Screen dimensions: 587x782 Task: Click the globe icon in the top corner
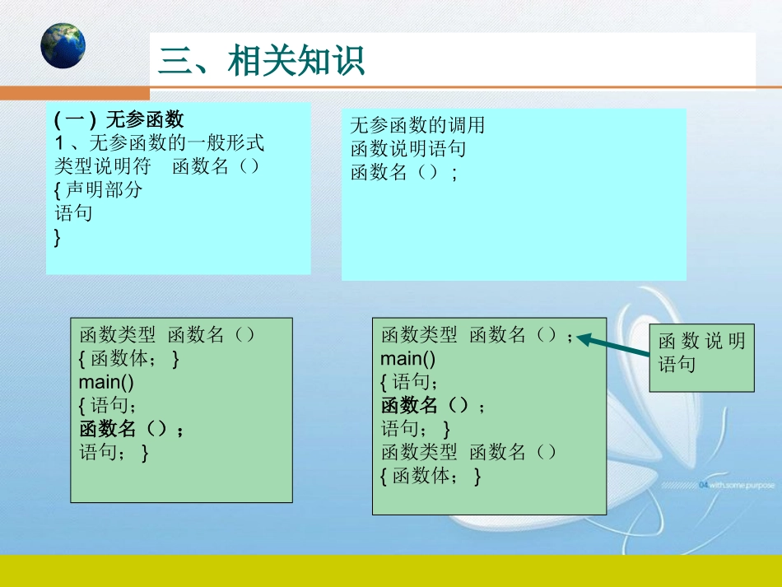pyautogui.click(x=63, y=45)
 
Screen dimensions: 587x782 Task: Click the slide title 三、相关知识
pyautogui.click(x=262, y=61)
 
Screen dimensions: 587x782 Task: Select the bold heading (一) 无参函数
pyautogui.click(x=119, y=119)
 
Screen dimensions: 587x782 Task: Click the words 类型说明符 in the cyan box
pyautogui.click(x=103, y=166)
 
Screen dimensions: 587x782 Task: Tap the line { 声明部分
pyautogui.click(x=98, y=190)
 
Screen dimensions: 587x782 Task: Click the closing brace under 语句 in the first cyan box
pyautogui.click(x=58, y=238)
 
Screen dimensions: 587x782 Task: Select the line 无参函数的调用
pyautogui.click(x=417, y=125)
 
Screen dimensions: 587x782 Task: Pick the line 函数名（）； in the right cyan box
pyautogui.click(x=403, y=173)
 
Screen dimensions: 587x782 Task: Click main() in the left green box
pyautogui.click(x=106, y=382)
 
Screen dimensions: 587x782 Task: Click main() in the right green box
pyautogui.click(x=407, y=359)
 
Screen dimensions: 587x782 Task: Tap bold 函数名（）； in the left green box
pyautogui.click(x=132, y=429)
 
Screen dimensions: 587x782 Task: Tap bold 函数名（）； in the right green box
pyautogui.click(x=433, y=405)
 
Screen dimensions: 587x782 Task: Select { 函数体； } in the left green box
pyautogui.click(x=129, y=359)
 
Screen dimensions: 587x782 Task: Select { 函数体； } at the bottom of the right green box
pyautogui.click(x=431, y=476)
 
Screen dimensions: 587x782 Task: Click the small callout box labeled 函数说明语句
pyautogui.click(x=701, y=353)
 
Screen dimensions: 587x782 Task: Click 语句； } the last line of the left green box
pyautogui.click(x=114, y=452)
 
